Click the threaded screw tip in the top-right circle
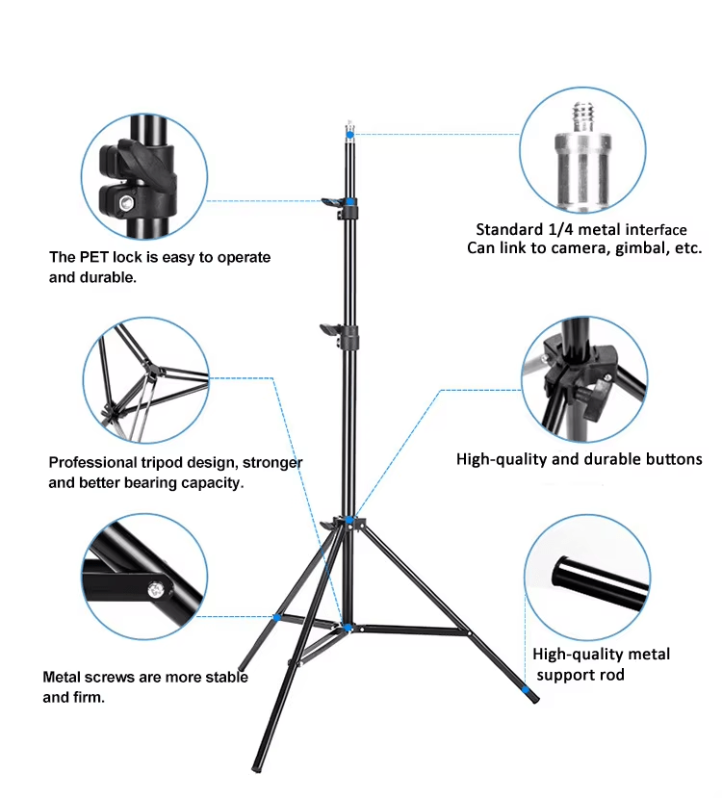tap(583, 116)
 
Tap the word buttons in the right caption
tap(667, 459)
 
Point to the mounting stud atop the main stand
tap(348, 127)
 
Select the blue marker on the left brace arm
tap(277, 617)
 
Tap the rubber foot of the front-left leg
tap(257, 767)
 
